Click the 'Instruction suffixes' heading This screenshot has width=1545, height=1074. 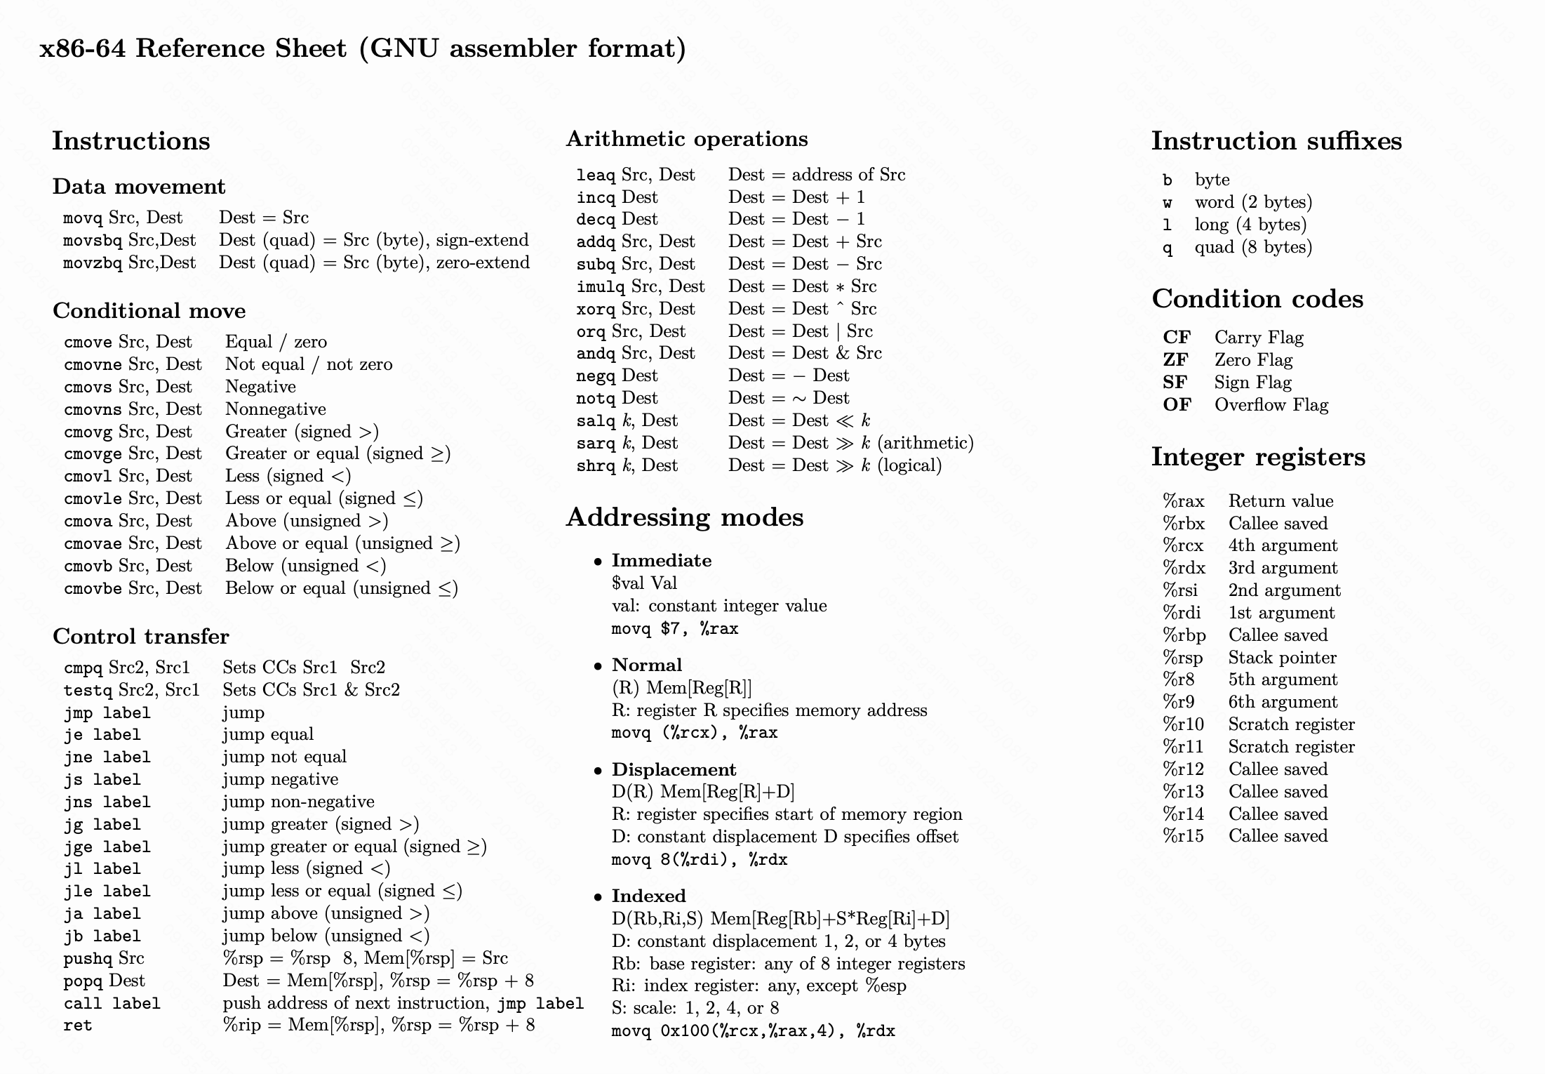coord(1276,141)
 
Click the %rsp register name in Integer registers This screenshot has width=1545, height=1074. coord(1182,658)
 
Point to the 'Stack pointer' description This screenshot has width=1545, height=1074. coord(1282,658)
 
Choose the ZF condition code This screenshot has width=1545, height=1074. coord(1175,360)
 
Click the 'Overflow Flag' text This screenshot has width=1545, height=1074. coord(1271,405)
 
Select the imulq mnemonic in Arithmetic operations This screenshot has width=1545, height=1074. coord(601,287)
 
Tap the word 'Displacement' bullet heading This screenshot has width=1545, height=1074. coord(674,769)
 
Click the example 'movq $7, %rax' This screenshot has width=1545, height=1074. coord(674,628)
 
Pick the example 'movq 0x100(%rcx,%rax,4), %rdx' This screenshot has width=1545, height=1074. coord(753,1031)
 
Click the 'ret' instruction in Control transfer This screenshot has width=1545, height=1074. coord(77,1026)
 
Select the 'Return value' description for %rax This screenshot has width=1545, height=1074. coord(1280,501)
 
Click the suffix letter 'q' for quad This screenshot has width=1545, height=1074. coord(1167,248)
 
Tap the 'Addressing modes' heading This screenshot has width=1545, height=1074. coord(684,517)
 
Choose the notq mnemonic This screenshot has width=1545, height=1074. coord(596,399)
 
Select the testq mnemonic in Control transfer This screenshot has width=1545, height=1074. coord(88,691)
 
